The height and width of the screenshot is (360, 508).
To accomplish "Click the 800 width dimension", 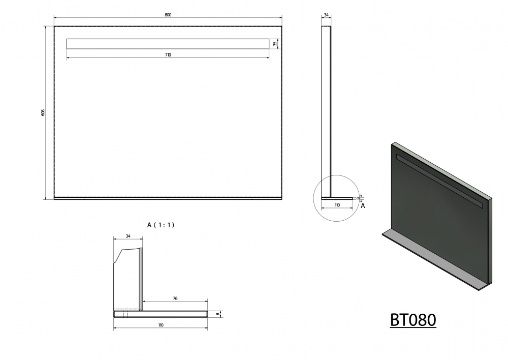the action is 168,15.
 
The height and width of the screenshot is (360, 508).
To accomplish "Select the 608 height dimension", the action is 43,112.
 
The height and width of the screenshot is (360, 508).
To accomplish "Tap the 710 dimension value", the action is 168,55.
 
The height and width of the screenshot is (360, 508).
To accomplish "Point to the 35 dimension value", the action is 275,43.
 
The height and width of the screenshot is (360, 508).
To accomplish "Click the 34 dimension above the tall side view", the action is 326,15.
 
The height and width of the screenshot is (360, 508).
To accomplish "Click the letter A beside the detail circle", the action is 363,205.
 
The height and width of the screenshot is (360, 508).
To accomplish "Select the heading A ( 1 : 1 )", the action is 161,225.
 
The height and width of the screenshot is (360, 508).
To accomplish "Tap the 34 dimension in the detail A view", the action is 128,236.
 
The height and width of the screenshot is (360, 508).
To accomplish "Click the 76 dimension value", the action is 175,298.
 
